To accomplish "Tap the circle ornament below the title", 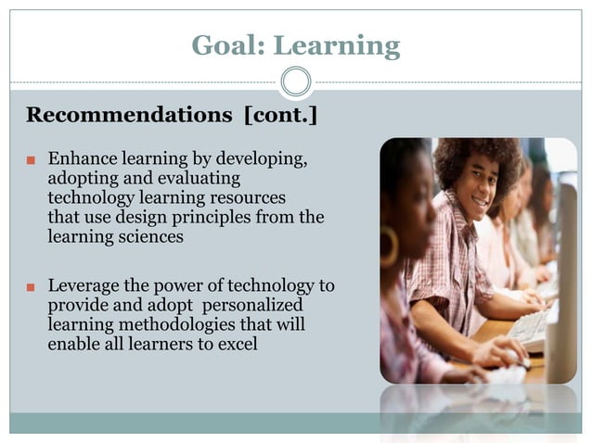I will [x=296, y=82].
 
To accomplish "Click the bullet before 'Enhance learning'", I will [x=31, y=160].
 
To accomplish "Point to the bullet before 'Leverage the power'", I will [x=31, y=287].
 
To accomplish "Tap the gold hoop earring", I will [x=389, y=247].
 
